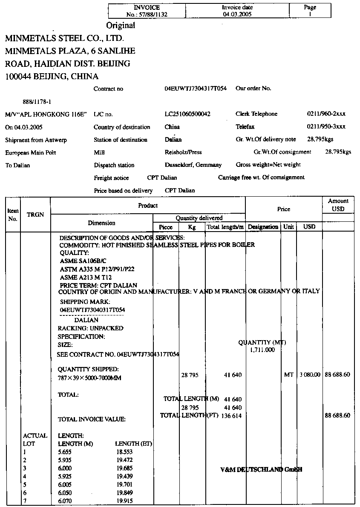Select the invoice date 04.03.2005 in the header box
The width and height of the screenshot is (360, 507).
[x=237, y=14]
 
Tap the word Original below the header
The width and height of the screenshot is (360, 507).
[x=121, y=25]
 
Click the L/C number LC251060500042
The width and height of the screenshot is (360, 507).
[x=187, y=114]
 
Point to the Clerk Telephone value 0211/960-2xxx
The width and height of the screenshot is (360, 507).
[x=326, y=114]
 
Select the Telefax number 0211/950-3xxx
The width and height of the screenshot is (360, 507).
[x=326, y=127]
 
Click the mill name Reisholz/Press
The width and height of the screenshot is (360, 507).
[x=183, y=152]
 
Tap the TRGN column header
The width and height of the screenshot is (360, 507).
[x=35, y=215]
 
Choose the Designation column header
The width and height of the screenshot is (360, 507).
[x=263, y=227]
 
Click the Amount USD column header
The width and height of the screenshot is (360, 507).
[x=338, y=205]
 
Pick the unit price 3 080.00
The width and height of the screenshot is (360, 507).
[x=310, y=375]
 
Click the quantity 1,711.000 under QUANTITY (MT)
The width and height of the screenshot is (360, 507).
[x=262, y=350]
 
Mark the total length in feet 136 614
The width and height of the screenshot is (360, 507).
[x=231, y=415]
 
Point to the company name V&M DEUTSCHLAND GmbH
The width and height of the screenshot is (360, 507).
[x=261, y=470]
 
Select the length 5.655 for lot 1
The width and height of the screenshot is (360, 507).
[x=65, y=452]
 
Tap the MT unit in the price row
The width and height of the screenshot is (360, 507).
[x=288, y=375]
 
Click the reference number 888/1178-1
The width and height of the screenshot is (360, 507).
[x=37, y=102]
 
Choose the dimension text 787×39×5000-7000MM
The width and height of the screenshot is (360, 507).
[x=89, y=378]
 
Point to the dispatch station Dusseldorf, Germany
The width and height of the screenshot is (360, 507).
[x=193, y=165]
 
